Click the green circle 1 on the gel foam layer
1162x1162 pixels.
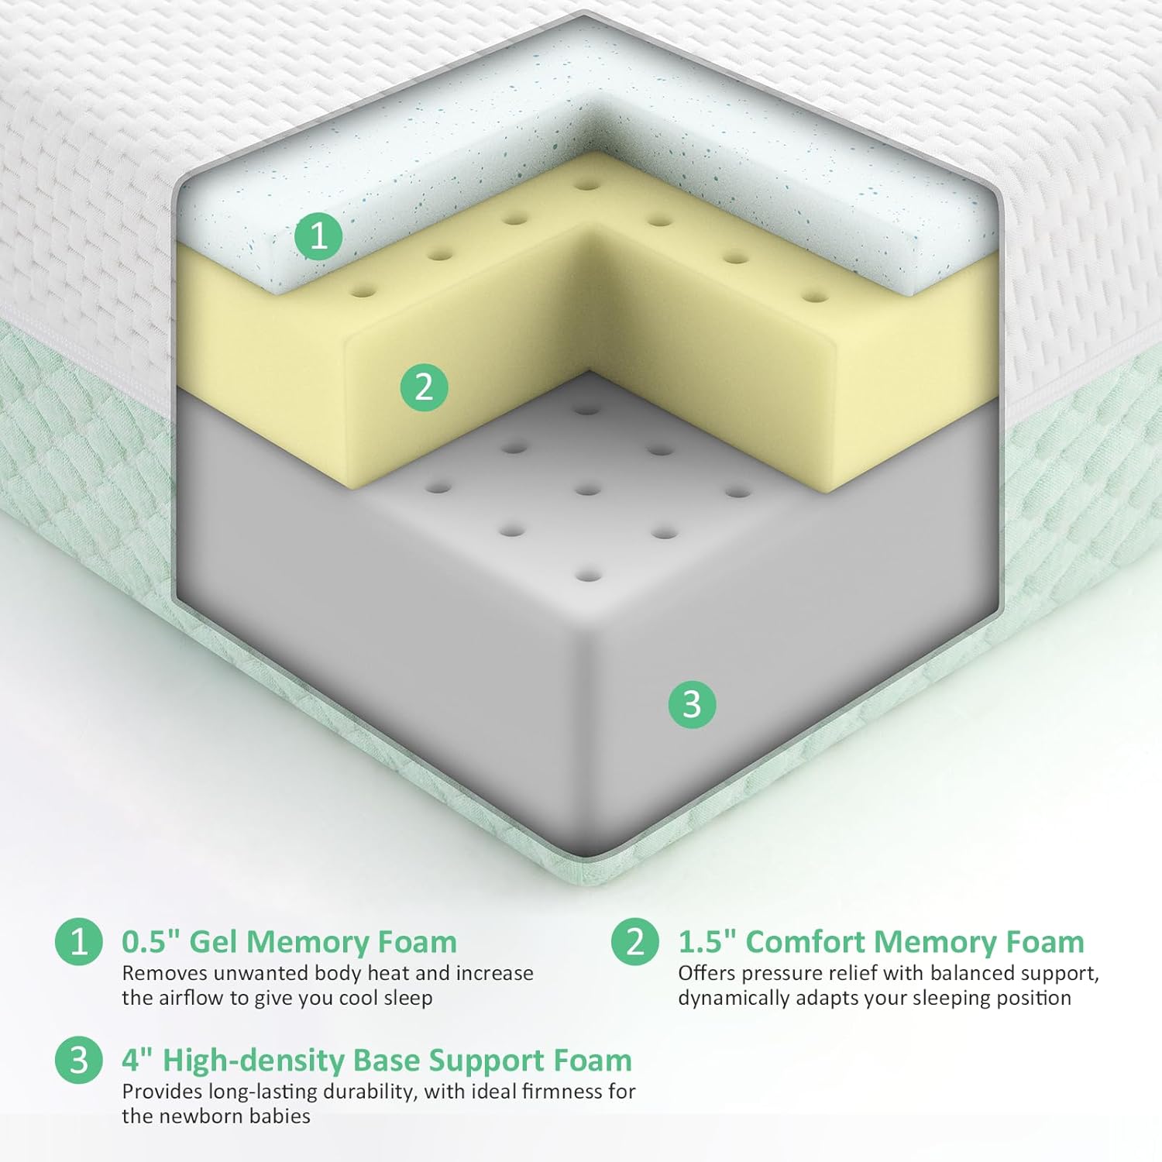(x=318, y=235)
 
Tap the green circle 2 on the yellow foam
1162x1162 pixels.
(x=424, y=387)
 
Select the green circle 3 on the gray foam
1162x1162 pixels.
(x=693, y=704)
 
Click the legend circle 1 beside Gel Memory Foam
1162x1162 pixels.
(x=79, y=942)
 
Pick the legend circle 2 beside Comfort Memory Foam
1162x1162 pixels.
(x=635, y=942)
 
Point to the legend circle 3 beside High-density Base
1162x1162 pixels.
(x=79, y=1061)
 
